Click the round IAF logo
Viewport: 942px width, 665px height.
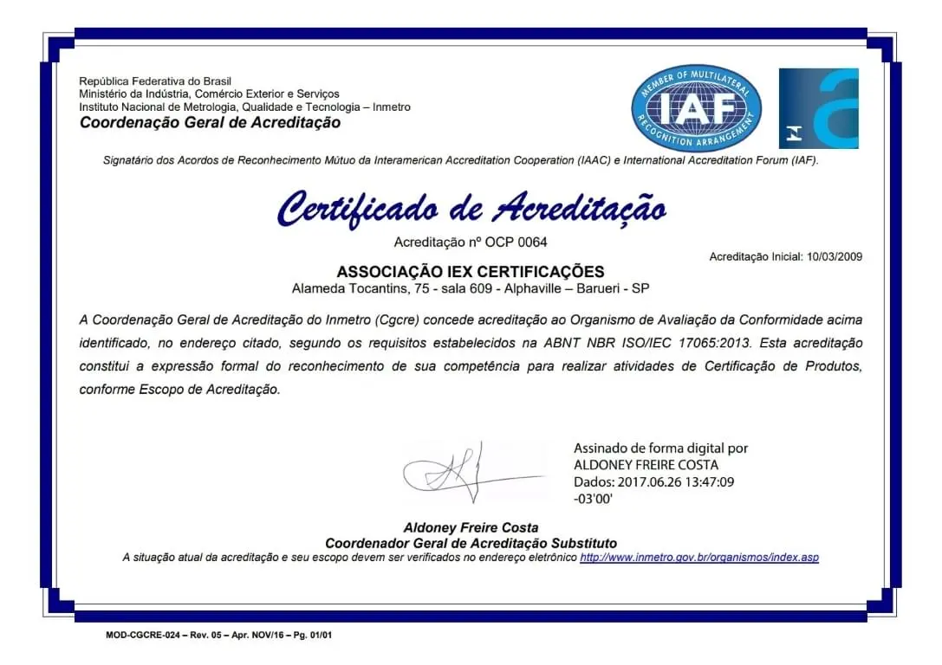click(x=697, y=108)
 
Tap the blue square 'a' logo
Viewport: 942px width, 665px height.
click(x=818, y=108)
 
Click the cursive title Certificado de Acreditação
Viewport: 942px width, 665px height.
click(x=471, y=209)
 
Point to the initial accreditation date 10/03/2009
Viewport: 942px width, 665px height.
click(x=834, y=256)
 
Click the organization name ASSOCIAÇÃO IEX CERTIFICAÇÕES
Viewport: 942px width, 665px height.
click(x=471, y=271)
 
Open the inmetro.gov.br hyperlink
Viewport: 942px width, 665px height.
click(x=698, y=557)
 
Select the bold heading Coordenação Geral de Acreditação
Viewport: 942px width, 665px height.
click(x=210, y=122)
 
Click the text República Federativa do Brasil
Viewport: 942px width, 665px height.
click(x=155, y=81)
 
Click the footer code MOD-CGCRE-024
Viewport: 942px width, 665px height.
click(x=143, y=635)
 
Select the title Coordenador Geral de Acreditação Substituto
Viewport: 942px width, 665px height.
click(x=471, y=543)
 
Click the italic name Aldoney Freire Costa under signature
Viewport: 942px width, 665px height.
click(x=471, y=527)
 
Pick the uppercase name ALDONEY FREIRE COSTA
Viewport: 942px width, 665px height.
click(x=646, y=465)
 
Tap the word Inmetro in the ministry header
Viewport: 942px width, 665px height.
click(x=391, y=107)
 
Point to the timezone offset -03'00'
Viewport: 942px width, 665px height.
click(x=593, y=499)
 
